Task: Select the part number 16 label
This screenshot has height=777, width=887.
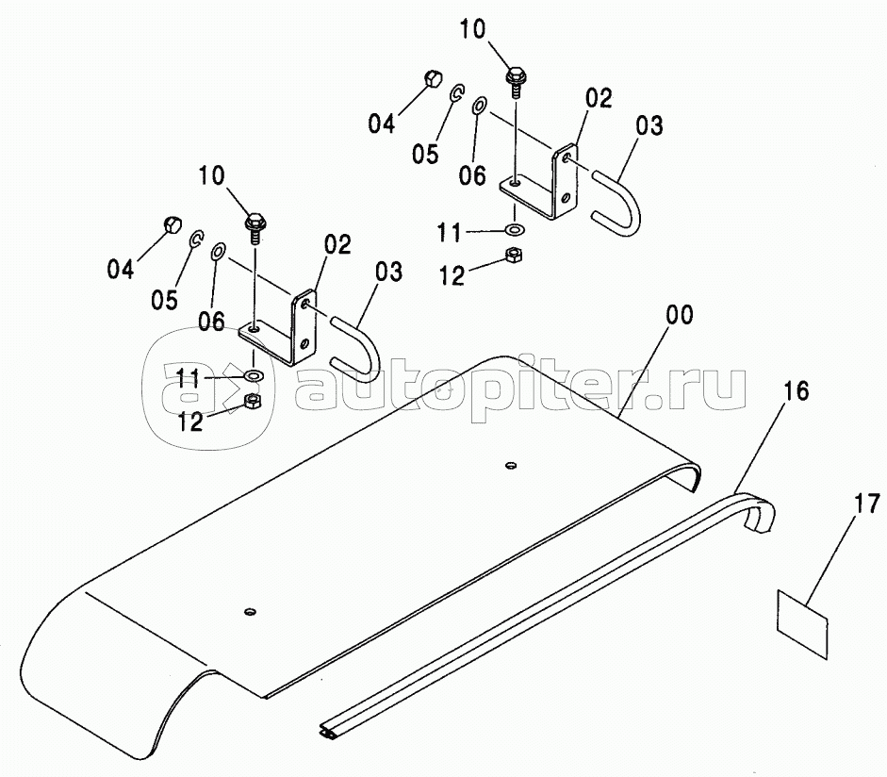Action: (796, 390)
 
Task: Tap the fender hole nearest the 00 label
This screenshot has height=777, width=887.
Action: (510, 465)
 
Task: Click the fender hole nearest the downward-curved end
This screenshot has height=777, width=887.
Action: (249, 612)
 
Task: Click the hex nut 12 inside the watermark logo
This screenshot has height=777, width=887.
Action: (252, 402)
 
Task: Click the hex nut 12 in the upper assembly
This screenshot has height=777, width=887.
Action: (515, 253)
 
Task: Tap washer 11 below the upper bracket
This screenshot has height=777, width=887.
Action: (515, 229)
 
